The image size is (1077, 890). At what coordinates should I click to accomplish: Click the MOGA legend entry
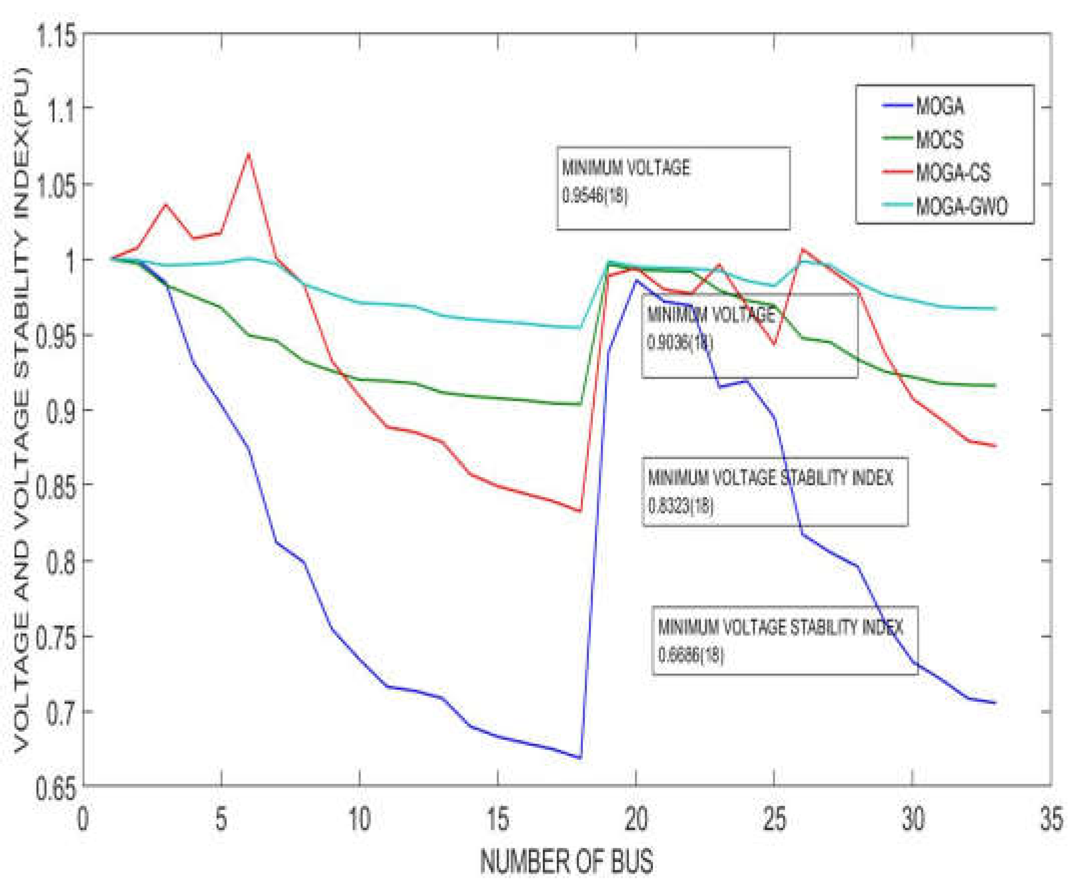click(x=939, y=107)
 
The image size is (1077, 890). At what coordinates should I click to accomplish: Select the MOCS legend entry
click(x=939, y=139)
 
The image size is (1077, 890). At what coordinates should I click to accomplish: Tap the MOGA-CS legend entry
click(x=952, y=173)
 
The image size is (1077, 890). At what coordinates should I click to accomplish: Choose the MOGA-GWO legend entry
click(x=961, y=206)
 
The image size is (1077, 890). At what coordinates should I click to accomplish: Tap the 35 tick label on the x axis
click(x=1051, y=819)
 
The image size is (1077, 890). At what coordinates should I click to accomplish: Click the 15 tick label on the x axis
click(x=497, y=819)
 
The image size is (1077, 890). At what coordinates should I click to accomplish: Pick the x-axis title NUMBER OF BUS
click(x=566, y=861)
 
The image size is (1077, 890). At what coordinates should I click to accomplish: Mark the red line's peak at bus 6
click(x=249, y=153)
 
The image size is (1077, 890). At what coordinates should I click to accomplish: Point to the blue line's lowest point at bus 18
click(x=580, y=758)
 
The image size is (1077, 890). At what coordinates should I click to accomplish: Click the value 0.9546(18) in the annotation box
click(x=595, y=196)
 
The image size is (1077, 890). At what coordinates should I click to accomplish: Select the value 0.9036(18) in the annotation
click(x=680, y=343)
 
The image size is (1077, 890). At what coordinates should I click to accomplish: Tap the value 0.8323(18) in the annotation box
click(x=680, y=506)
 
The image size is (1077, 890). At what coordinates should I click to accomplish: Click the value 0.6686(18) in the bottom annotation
click(x=691, y=655)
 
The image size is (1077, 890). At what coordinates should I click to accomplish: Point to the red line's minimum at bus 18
click(x=580, y=511)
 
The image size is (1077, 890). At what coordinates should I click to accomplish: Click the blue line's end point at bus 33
click(x=995, y=703)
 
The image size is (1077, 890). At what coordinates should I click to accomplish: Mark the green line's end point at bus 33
click(x=995, y=386)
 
